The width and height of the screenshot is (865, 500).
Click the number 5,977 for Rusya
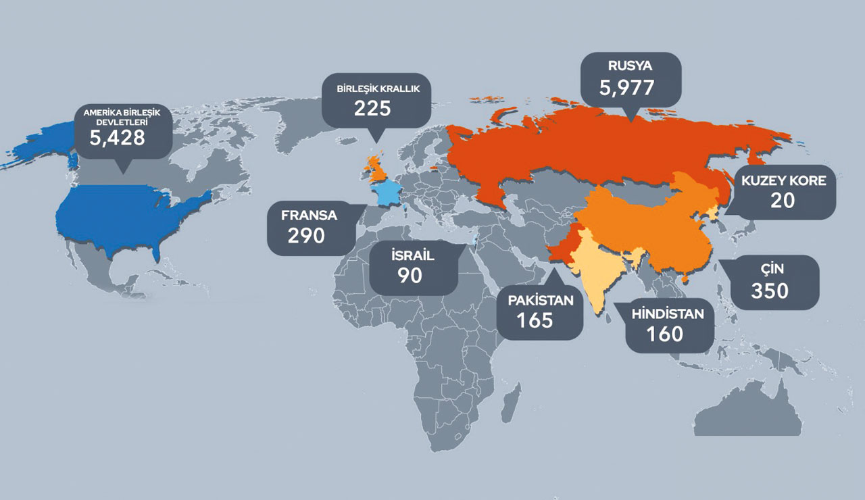[x=626, y=87]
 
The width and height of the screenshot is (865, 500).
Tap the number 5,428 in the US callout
[x=118, y=138]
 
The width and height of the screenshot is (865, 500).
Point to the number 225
[x=372, y=108]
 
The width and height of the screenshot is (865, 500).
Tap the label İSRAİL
[x=412, y=256]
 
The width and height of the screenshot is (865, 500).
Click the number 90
[x=410, y=276]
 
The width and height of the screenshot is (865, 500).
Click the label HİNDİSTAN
[x=667, y=314]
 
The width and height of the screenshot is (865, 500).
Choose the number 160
[x=664, y=333]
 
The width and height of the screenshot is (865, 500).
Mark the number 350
[x=770, y=291]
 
